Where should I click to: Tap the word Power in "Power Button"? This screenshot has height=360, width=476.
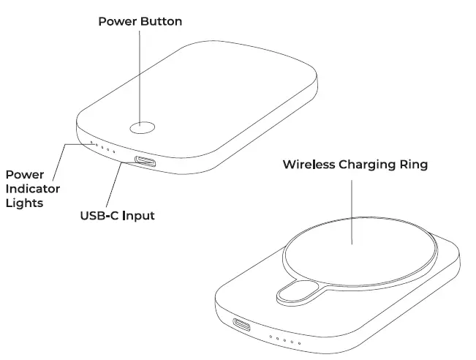click(x=117, y=22)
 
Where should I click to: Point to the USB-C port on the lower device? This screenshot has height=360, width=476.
click(x=241, y=324)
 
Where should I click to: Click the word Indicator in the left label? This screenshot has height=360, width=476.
click(x=33, y=189)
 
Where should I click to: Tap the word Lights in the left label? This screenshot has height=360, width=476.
click(x=24, y=203)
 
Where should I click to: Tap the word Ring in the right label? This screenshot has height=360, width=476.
click(x=415, y=165)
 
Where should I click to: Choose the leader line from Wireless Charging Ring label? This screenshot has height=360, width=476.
click(x=352, y=212)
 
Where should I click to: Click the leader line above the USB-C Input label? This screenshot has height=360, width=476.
click(x=113, y=187)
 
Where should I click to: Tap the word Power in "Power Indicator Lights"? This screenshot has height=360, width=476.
click(x=23, y=175)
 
